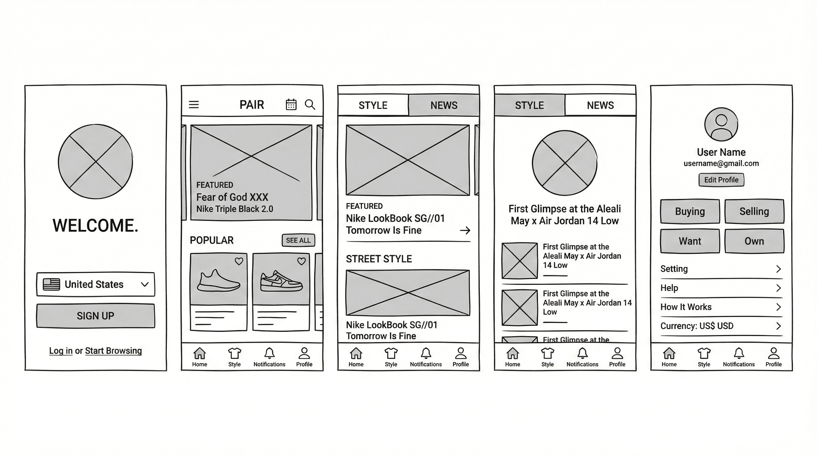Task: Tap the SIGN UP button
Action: point(96,316)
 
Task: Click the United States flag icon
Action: point(51,284)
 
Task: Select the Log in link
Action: point(61,351)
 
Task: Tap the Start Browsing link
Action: point(113,351)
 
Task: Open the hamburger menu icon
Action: point(194,104)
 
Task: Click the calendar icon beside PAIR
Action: point(291,104)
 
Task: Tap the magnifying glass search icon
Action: point(310,104)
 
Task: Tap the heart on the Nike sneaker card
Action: point(301,261)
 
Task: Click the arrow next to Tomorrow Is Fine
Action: point(465,230)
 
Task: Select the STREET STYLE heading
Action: point(379,259)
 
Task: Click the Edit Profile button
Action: point(721,180)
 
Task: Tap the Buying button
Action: point(690,211)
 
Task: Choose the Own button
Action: point(754,241)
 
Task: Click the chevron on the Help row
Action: point(778,288)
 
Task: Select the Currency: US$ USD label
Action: point(697,326)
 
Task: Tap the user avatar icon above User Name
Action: point(721,124)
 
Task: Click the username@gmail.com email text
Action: point(721,164)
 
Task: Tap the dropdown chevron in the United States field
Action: point(145,284)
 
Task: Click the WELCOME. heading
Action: point(96,225)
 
